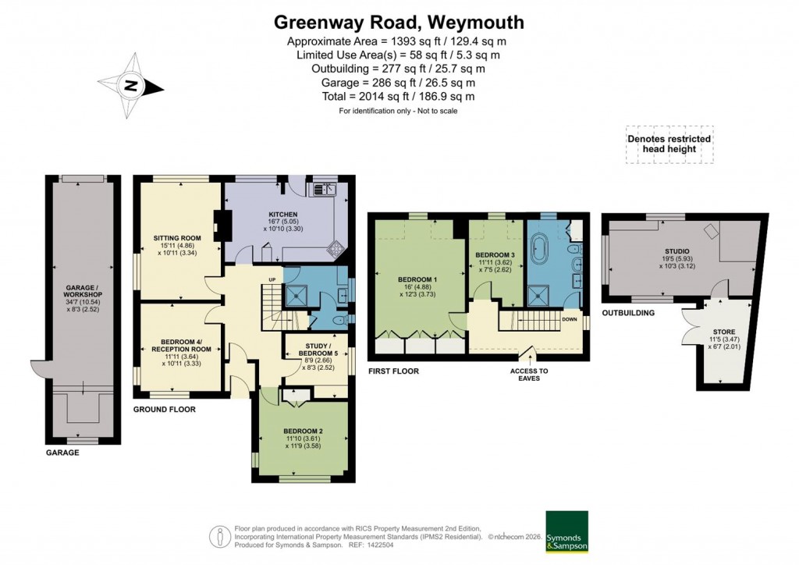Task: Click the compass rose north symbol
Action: [x=131, y=85]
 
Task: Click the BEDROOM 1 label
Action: [x=417, y=279]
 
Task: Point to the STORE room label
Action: [x=724, y=330]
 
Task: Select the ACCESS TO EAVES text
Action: [x=529, y=375]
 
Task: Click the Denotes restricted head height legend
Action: [x=669, y=144]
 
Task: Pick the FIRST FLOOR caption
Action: [x=393, y=371]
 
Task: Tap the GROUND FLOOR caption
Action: [x=164, y=409]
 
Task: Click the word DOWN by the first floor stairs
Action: [x=570, y=319]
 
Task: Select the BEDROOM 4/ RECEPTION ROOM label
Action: [x=181, y=346]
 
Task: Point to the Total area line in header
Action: [x=399, y=97]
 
